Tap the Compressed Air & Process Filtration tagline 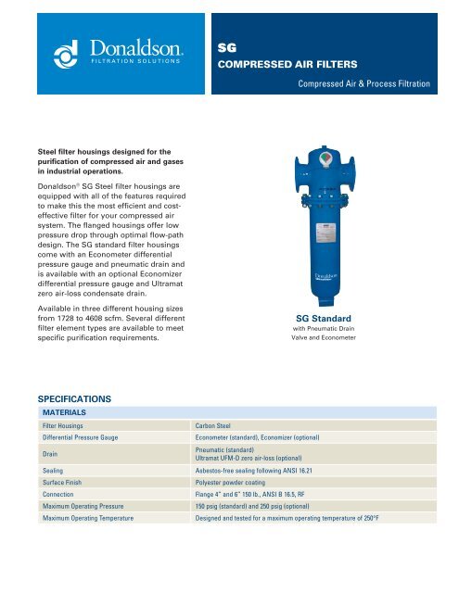click(x=363, y=85)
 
